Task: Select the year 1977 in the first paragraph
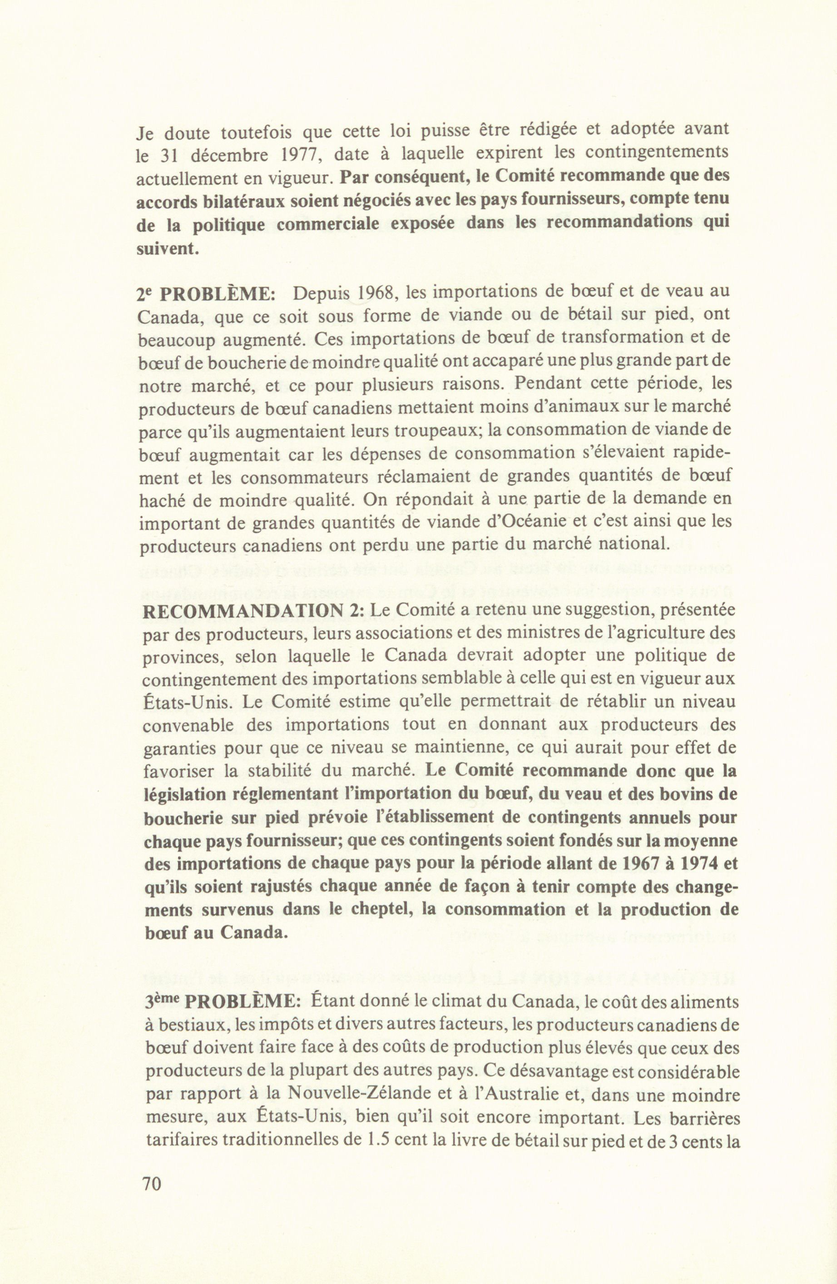tap(302, 154)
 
